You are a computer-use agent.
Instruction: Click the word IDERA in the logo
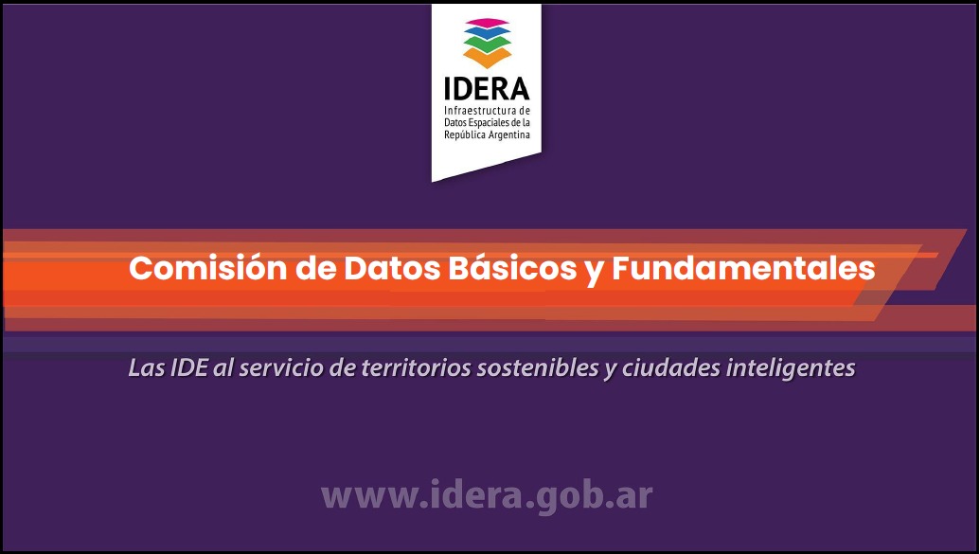tap(487, 89)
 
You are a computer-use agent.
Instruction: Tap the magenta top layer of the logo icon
tap(487, 23)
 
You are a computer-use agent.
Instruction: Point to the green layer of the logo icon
tap(487, 44)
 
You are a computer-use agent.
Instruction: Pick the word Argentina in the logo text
tap(508, 135)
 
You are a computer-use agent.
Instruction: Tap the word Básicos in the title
tap(512, 268)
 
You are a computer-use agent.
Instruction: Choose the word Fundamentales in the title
tap(743, 268)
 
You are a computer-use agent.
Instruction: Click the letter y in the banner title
tap(595, 272)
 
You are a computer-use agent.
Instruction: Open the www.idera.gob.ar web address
tap(487, 496)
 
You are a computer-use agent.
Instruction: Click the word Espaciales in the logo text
tap(486, 123)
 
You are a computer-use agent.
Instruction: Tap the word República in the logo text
tap(464, 135)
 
